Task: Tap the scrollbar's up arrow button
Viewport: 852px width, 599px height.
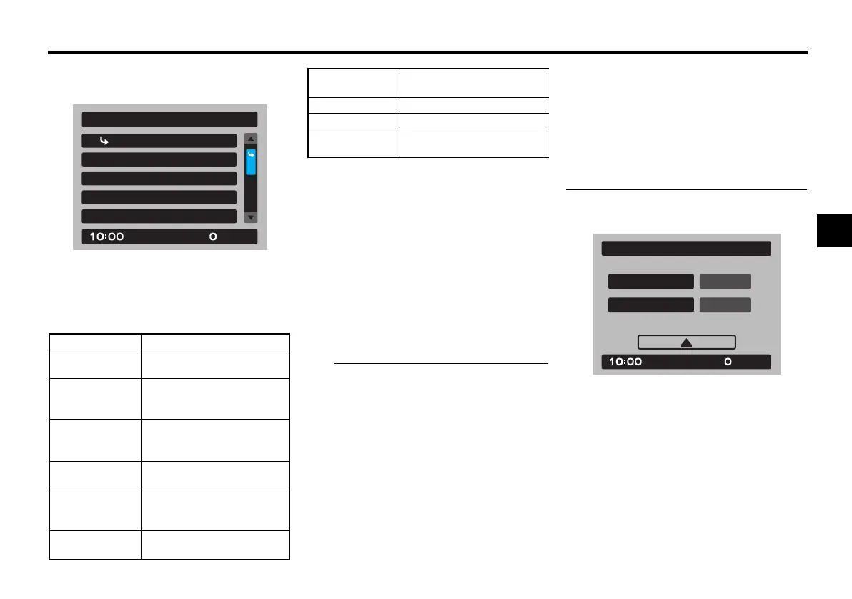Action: click(251, 139)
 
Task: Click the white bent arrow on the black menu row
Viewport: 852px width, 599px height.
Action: click(104, 141)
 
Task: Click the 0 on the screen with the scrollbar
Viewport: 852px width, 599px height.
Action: click(213, 237)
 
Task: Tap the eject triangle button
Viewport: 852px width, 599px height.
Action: click(686, 342)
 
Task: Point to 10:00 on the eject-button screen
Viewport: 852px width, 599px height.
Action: click(625, 362)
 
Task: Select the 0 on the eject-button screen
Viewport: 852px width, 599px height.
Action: click(728, 362)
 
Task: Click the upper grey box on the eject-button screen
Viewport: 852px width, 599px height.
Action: click(725, 281)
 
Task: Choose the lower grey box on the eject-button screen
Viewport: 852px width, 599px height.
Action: click(725, 305)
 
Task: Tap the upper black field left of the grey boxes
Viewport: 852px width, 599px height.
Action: click(650, 281)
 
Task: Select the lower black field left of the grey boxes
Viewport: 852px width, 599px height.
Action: click(650, 305)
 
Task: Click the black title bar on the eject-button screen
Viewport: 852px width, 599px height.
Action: click(686, 248)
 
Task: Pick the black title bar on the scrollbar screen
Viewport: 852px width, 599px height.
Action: click(169, 119)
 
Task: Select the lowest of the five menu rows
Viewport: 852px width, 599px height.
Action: click(159, 217)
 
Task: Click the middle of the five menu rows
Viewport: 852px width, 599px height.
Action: click(159, 178)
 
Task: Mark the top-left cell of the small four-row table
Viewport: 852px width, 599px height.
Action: click(353, 82)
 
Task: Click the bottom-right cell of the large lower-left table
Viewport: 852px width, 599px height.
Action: click(215, 545)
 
